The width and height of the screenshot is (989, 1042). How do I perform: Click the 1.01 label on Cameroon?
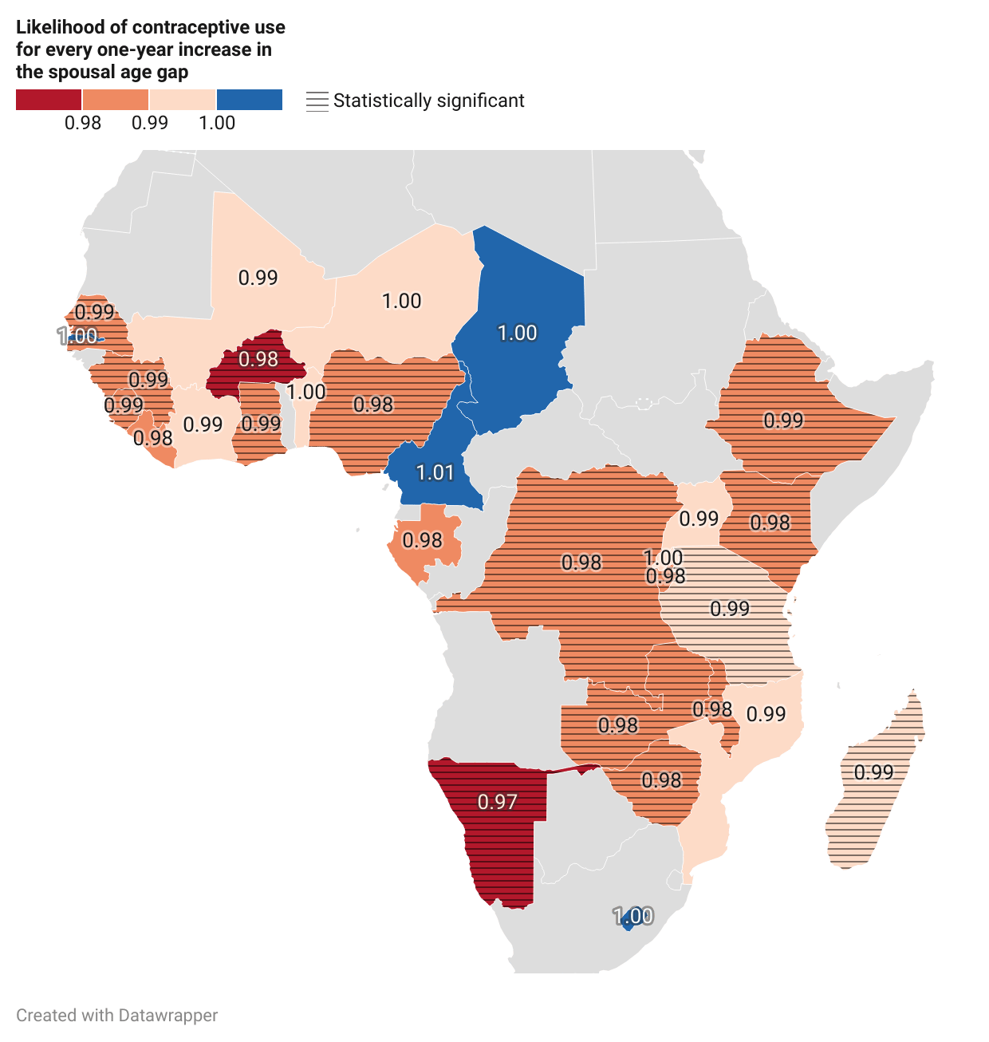click(x=435, y=473)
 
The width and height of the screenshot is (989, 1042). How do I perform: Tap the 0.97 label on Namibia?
click(x=498, y=802)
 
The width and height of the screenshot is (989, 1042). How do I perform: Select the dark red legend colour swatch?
click(x=49, y=100)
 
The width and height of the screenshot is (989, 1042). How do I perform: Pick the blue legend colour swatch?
click(x=249, y=100)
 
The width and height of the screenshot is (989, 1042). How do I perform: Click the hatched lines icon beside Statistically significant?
click(x=317, y=101)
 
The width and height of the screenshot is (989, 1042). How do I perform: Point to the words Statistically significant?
click(x=429, y=101)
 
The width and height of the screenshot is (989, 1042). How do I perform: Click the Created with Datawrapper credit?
click(x=117, y=1015)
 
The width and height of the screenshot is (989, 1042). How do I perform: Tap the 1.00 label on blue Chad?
click(x=518, y=333)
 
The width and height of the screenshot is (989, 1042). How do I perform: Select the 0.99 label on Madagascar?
click(x=873, y=772)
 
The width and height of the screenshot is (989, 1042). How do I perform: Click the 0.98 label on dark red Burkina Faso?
click(x=258, y=359)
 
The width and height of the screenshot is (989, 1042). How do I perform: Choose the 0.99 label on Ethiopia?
click(x=783, y=420)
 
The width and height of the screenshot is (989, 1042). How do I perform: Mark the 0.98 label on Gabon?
click(x=422, y=541)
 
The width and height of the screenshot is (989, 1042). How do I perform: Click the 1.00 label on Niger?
click(x=401, y=301)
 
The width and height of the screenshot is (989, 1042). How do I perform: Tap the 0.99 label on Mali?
click(x=258, y=278)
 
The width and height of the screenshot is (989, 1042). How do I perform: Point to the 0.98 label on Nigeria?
click(x=373, y=405)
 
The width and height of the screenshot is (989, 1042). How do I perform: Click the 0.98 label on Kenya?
click(x=770, y=523)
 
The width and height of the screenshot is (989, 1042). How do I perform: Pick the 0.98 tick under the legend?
click(x=83, y=123)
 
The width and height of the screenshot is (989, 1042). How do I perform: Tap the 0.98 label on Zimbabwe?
click(x=661, y=780)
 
